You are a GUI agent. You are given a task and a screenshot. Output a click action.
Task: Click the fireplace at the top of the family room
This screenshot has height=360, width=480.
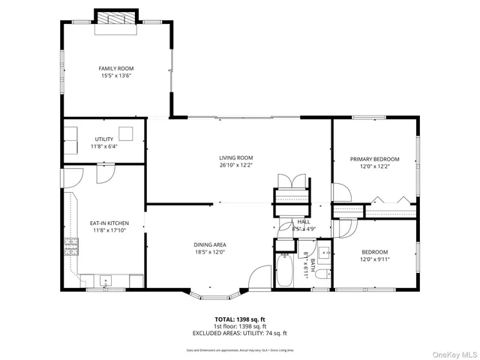(x=115, y=19)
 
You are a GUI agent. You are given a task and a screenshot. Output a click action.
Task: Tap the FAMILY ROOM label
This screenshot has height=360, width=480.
(x=115, y=68)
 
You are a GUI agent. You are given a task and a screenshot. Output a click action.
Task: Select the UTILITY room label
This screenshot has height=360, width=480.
(x=104, y=139)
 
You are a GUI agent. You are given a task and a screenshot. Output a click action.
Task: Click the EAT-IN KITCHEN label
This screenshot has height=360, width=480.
(x=109, y=223)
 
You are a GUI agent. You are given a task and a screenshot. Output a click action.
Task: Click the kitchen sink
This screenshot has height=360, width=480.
(x=105, y=281)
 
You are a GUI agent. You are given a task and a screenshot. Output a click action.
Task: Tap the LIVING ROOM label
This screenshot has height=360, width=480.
(x=235, y=157)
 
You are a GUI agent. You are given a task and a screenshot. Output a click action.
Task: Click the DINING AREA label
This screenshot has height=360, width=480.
(x=210, y=244)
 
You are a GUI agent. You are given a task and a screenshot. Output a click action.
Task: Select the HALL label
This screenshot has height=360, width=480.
(x=303, y=222)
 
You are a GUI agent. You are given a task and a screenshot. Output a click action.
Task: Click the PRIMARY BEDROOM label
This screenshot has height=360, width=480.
(x=374, y=159)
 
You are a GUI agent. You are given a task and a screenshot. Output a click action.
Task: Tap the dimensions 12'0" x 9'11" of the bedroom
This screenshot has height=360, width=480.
(x=374, y=259)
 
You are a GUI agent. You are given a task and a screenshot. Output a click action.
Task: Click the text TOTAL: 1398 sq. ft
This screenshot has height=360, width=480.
(x=240, y=319)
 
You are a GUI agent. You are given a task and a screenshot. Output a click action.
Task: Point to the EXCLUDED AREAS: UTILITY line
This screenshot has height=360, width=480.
(x=240, y=333)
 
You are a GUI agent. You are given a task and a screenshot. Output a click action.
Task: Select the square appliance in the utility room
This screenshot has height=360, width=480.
(x=128, y=133)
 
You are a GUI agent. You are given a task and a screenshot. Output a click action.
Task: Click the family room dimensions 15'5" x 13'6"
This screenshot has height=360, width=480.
(x=115, y=76)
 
